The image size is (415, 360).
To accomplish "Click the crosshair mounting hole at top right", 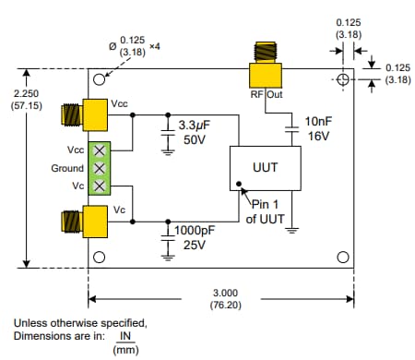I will [344, 80].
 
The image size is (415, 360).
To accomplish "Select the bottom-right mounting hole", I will [343, 257].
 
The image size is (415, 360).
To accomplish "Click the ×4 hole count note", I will [155, 45].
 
